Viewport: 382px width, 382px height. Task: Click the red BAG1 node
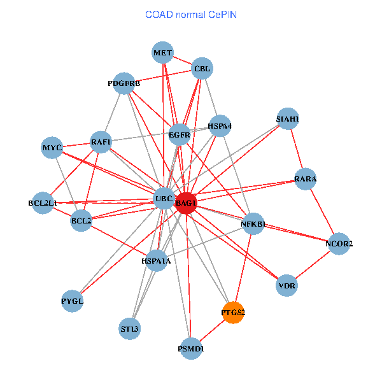[186, 202]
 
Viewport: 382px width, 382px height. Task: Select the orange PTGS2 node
[233, 313]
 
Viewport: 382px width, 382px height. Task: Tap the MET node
[162, 53]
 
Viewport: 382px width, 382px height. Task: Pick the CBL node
[202, 69]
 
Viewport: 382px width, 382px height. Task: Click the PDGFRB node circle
[124, 83]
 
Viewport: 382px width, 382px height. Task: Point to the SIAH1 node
[288, 119]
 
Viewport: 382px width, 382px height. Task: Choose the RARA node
[306, 179]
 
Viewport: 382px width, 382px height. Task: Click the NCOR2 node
[339, 244]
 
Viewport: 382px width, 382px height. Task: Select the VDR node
[286, 286]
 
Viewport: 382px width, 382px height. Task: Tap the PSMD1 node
[191, 348]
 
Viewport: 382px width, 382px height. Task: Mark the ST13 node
[130, 329]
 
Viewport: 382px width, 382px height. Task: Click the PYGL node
[73, 300]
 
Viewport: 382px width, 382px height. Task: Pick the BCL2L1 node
[43, 203]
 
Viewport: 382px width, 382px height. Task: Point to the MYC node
[52, 148]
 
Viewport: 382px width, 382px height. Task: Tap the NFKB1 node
[253, 224]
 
